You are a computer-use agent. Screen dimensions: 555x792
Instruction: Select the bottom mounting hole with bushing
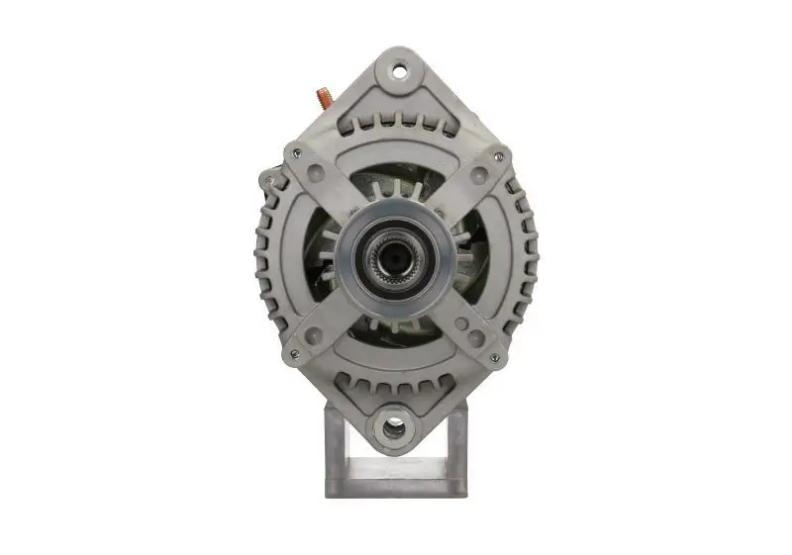click(394, 427)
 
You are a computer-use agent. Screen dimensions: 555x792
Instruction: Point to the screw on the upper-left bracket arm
click(294, 154)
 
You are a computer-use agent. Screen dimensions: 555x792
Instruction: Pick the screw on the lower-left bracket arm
click(293, 353)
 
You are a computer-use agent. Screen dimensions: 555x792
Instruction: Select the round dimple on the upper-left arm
click(314, 174)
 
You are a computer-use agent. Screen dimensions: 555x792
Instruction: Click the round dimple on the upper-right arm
click(478, 175)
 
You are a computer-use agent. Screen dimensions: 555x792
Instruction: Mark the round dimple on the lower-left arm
click(313, 336)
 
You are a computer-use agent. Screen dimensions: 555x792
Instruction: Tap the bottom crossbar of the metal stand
click(395, 487)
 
